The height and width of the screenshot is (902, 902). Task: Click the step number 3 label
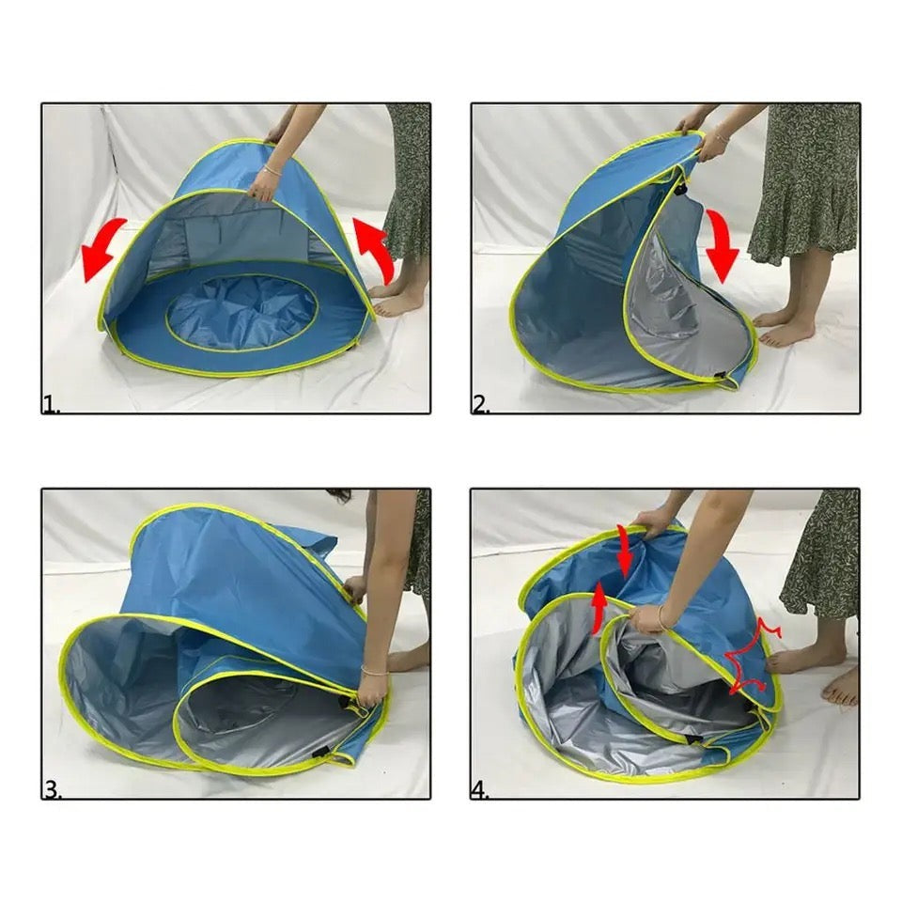point(52,790)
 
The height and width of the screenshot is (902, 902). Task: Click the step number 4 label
point(480,790)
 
